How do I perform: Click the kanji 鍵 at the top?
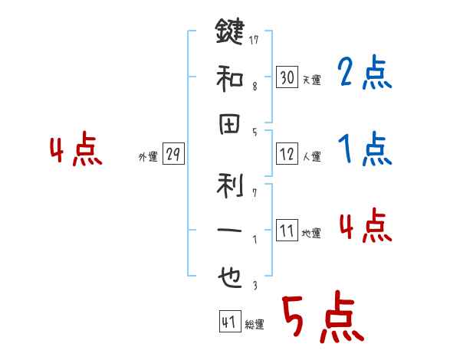pyautogui.click(x=229, y=33)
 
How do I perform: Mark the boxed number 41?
pyautogui.click(x=228, y=322)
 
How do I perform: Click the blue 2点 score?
pyautogui.click(x=364, y=74)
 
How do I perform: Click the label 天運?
pyautogui.click(x=311, y=80)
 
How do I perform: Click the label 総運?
pyautogui.click(x=254, y=325)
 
